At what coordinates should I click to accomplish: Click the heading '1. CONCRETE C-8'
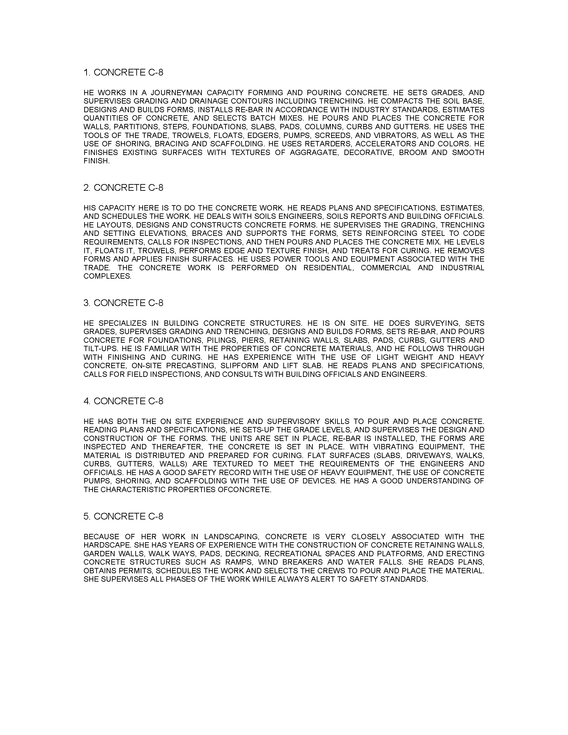tap(123, 72)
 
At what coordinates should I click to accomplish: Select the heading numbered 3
tap(123, 303)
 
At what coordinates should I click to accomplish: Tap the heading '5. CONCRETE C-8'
tap(123, 516)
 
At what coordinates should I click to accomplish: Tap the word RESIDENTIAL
tap(328, 268)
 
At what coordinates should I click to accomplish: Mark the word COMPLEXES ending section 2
tap(107, 276)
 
